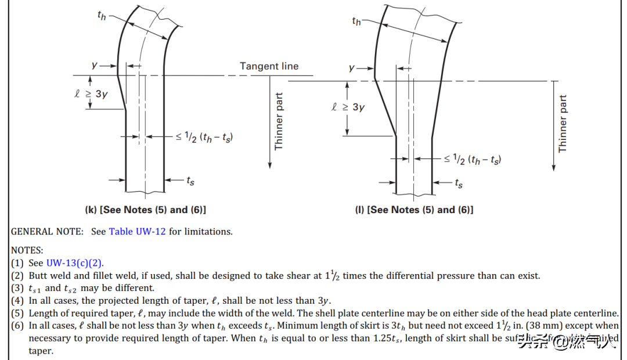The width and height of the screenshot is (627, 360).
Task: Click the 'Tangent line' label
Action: click(269, 66)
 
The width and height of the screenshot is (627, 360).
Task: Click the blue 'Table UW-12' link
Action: click(137, 232)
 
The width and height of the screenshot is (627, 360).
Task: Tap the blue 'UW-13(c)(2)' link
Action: click(75, 263)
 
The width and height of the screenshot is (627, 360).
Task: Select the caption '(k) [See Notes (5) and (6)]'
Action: click(146, 210)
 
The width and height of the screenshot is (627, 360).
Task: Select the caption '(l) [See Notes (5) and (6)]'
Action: click(414, 210)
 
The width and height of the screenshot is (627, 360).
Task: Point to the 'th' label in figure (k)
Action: click(102, 16)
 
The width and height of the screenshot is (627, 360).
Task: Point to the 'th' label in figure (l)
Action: click(356, 21)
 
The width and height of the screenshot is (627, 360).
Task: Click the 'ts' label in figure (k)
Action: click(190, 181)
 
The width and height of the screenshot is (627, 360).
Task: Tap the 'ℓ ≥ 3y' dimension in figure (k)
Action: click(91, 94)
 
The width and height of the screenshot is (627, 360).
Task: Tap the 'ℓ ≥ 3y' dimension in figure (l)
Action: click(348, 107)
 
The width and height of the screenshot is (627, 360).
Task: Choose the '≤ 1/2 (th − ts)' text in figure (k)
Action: click(204, 137)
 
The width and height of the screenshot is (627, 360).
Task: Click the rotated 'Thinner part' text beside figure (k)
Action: click(279, 121)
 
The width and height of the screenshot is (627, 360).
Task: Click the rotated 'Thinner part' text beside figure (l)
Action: click(562, 124)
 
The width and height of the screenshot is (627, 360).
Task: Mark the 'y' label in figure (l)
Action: click(351, 68)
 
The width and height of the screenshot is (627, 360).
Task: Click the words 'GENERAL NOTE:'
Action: click(47, 232)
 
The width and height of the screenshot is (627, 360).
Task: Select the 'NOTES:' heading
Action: click(27, 250)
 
